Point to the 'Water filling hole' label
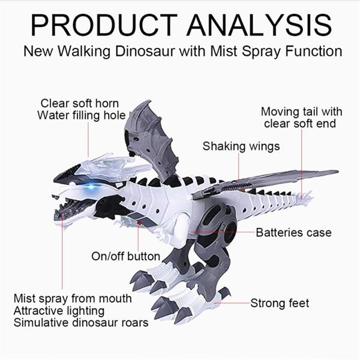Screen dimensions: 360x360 tap(81, 115)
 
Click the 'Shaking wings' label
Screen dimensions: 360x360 tap(241, 146)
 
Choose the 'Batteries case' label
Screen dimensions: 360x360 tap(293, 232)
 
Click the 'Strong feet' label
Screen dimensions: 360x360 tap(280, 303)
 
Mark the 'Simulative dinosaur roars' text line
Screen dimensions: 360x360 tap(80, 323)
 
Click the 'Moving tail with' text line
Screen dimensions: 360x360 tap(301, 112)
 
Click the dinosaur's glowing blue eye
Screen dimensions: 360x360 tap(91, 186)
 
